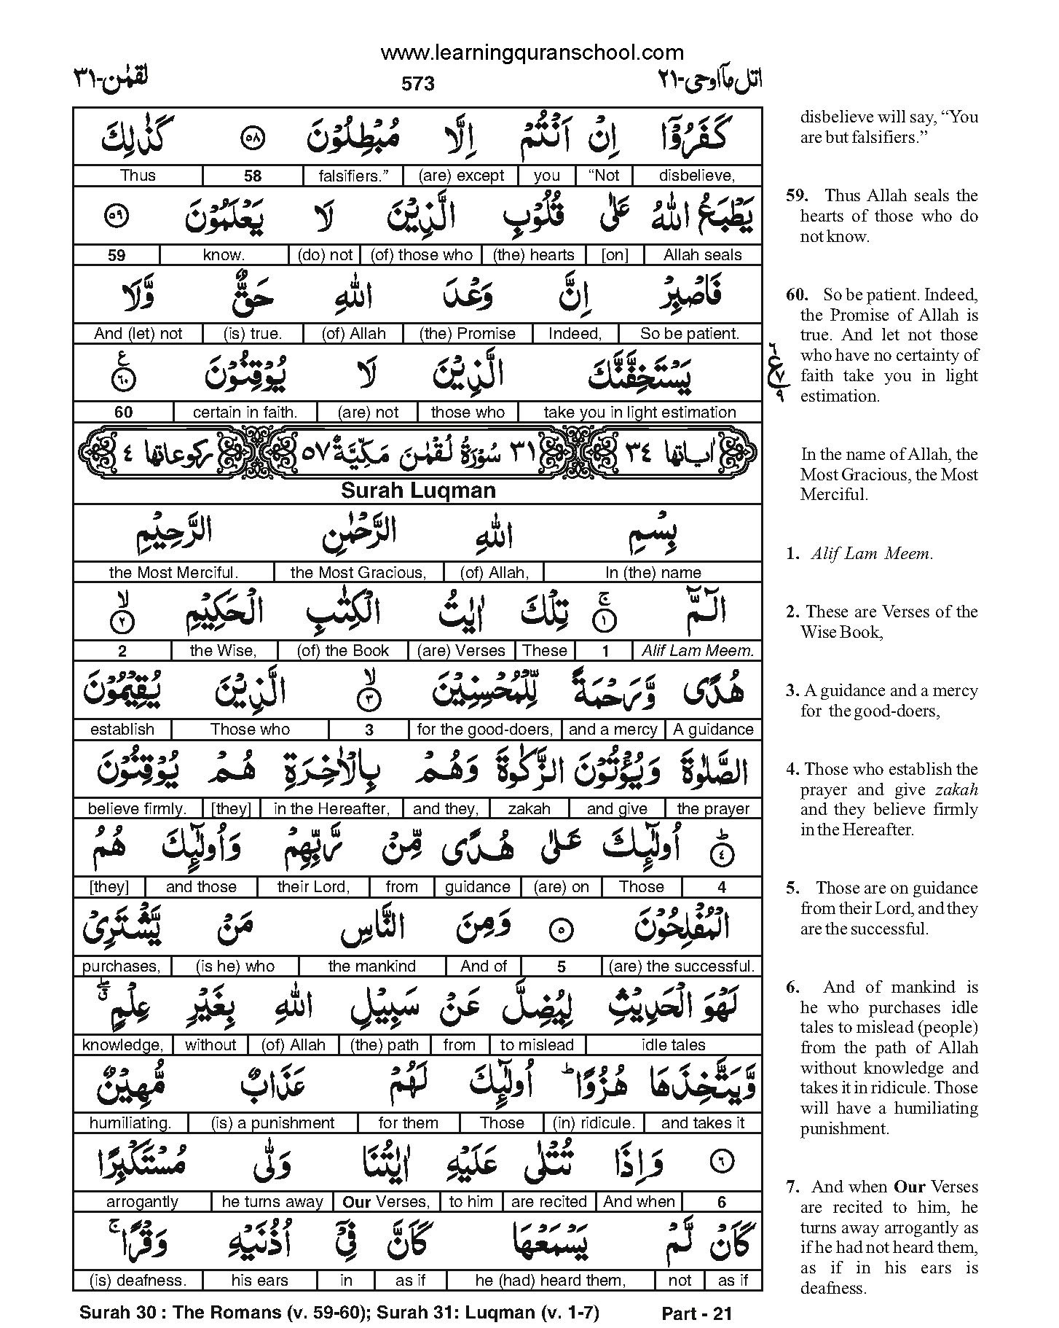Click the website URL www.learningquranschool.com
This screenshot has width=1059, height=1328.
(532, 52)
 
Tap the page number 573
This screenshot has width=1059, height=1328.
(417, 84)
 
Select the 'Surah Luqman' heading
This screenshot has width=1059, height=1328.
(418, 491)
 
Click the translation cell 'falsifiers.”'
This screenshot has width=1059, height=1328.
(350, 176)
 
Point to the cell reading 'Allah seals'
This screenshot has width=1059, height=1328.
(702, 255)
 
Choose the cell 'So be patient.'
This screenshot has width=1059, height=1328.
(689, 334)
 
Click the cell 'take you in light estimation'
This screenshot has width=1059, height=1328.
(639, 413)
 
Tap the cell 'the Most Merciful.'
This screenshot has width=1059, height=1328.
(173, 573)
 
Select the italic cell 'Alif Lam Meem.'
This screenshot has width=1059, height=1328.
(697, 651)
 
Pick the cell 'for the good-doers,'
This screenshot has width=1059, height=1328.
(485, 730)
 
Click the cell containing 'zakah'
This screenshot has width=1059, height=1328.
(529, 808)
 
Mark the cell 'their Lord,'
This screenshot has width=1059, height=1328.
(313, 887)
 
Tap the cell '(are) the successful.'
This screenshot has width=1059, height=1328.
(682, 966)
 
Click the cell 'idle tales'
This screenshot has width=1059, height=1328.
(673, 1045)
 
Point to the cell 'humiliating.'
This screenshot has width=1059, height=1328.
(130, 1123)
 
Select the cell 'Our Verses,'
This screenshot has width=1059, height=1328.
(386, 1202)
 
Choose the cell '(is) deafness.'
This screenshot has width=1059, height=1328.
(138, 1281)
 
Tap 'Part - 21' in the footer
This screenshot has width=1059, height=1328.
(696, 1313)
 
